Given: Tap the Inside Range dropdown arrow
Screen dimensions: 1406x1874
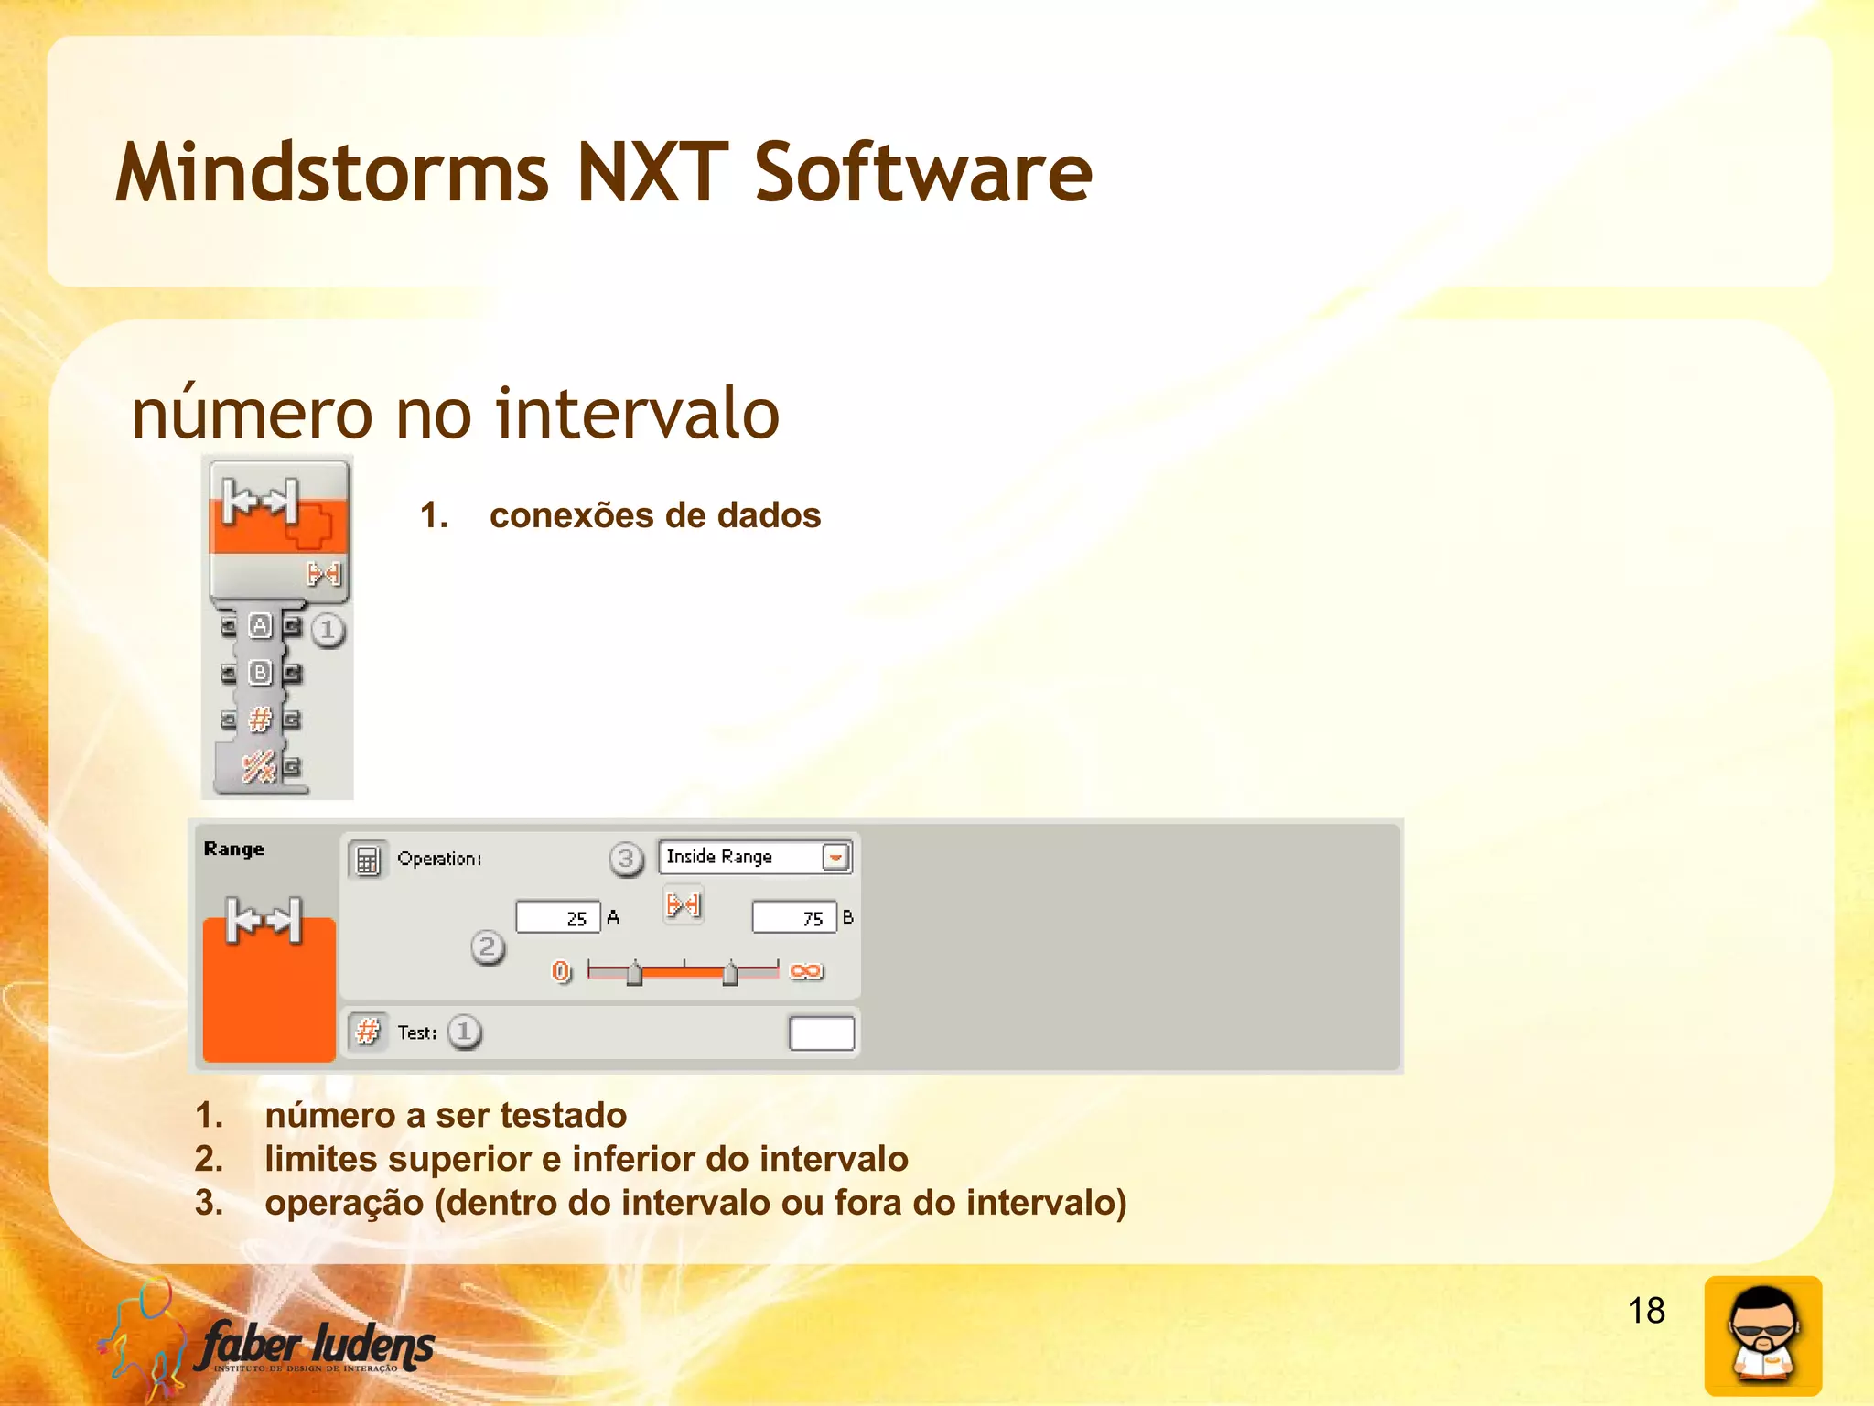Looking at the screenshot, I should [835, 858].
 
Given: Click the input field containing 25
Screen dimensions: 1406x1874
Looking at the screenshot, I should [557, 917].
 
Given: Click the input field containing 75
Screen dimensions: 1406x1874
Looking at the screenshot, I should [793, 917].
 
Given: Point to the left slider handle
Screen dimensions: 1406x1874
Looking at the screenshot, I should [634, 974].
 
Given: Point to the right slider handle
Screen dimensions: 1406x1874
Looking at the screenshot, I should [729, 974].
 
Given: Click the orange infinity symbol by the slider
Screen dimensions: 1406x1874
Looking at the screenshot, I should [806, 971].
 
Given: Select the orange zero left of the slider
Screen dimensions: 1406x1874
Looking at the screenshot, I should [561, 971].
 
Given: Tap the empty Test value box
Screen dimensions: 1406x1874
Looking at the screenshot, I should [821, 1033].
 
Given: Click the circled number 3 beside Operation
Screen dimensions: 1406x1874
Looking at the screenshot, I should [626, 860].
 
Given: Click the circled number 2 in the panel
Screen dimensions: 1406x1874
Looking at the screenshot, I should [488, 947].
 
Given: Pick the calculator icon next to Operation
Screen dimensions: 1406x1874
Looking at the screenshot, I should [367, 860].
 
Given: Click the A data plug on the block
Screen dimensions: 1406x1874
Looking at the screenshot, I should [261, 626].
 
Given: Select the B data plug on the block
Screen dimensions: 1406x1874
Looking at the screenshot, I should [261, 673].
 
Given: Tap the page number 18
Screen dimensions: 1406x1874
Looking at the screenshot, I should [1645, 1311].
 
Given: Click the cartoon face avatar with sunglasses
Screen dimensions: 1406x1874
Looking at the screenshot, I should [1762, 1336].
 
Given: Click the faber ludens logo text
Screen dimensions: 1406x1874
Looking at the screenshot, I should [317, 1345].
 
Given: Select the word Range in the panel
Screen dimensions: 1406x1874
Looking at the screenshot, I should [234, 849].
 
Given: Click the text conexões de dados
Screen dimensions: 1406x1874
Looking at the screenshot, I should [654, 515].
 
